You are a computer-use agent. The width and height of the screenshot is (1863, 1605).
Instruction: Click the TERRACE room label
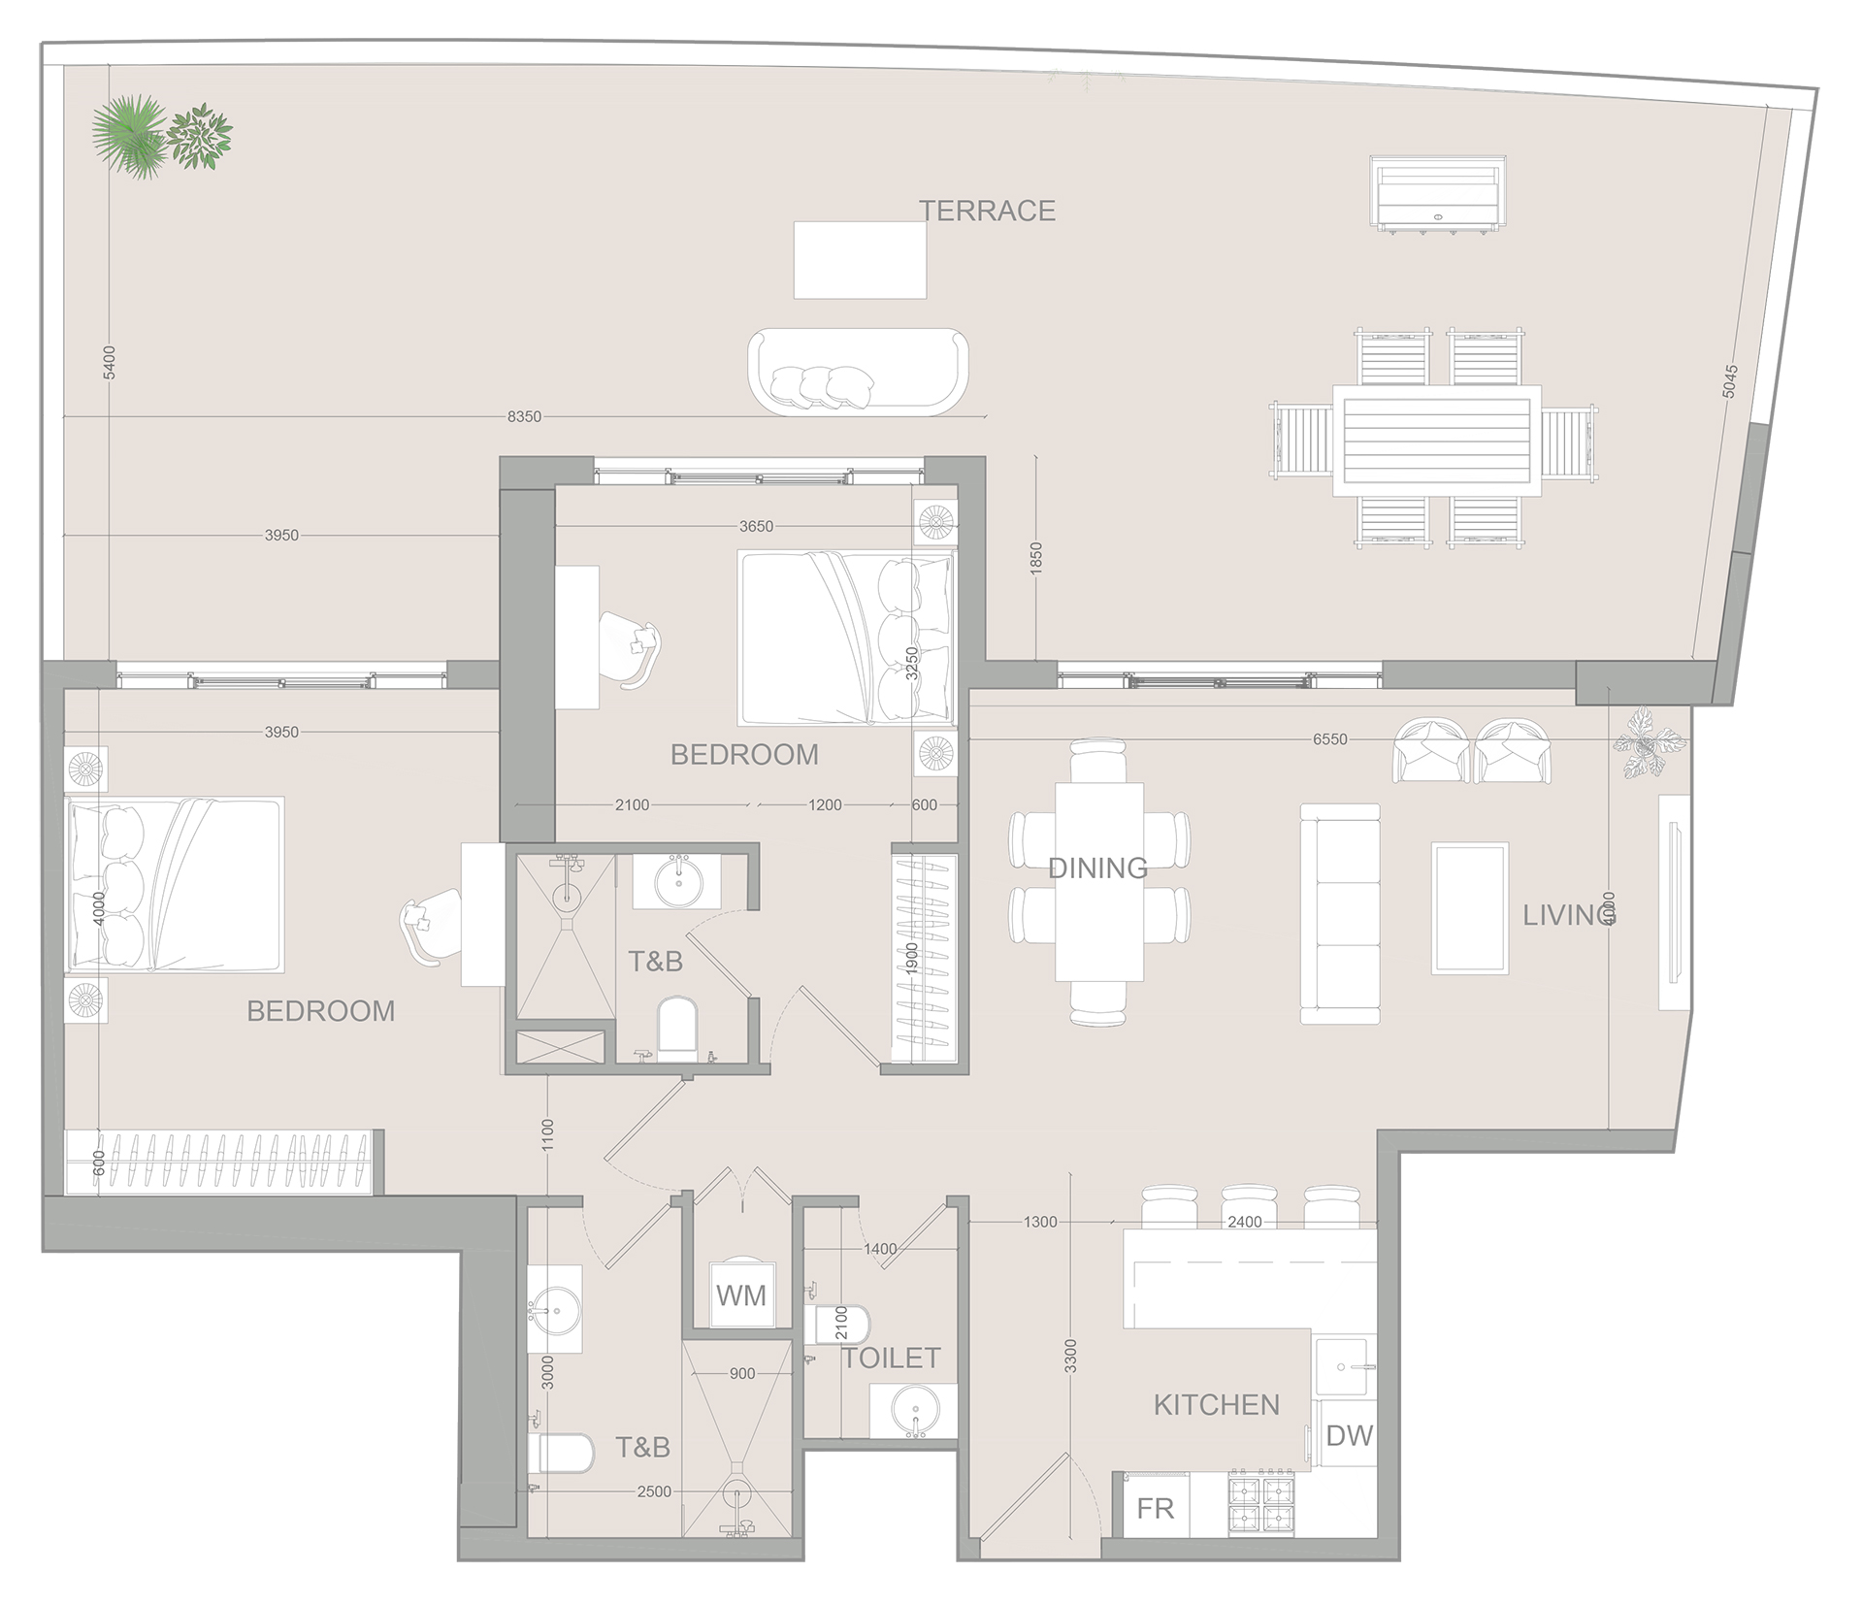pyautogui.click(x=987, y=211)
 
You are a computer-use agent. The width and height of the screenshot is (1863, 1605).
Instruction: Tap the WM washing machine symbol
pyautogui.click(x=741, y=1294)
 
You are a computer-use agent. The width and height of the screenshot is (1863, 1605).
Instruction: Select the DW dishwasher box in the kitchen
pyautogui.click(x=1349, y=1436)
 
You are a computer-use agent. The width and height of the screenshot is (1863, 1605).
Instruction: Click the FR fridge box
pyautogui.click(x=1156, y=1509)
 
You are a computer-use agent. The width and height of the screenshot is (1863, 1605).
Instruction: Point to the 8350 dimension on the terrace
pyautogui.click(x=524, y=417)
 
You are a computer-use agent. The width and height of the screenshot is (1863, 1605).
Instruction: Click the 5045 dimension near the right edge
pyautogui.click(x=1729, y=381)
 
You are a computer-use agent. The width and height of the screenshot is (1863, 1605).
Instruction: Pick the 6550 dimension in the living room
pyautogui.click(x=1329, y=739)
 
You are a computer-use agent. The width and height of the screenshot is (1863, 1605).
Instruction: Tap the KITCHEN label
pyautogui.click(x=1216, y=1404)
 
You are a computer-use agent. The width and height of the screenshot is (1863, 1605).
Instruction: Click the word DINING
pyautogui.click(x=1097, y=868)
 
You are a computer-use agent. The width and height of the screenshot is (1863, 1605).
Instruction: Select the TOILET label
pyautogui.click(x=891, y=1358)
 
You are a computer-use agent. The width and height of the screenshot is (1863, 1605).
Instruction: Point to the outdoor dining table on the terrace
pyautogui.click(x=1436, y=441)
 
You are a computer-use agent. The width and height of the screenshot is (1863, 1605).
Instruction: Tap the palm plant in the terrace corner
pyautogui.click(x=129, y=136)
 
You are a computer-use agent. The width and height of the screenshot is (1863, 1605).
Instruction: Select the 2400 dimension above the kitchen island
pyautogui.click(x=1244, y=1222)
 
